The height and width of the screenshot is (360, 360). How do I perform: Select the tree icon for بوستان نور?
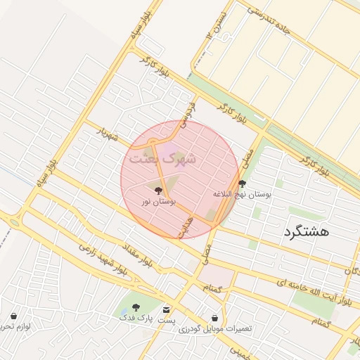point(157,190)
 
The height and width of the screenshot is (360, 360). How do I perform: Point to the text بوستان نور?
point(157,202)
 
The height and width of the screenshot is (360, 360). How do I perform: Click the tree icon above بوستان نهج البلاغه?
point(243,183)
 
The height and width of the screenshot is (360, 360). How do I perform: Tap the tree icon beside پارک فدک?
point(135,307)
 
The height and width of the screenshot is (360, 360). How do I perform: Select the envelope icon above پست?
point(167,309)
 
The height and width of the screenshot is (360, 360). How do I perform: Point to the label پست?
point(167,321)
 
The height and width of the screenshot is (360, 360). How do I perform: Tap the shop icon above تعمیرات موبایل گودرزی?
point(214,319)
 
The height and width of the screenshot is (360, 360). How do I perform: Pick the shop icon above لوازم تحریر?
point(14,316)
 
